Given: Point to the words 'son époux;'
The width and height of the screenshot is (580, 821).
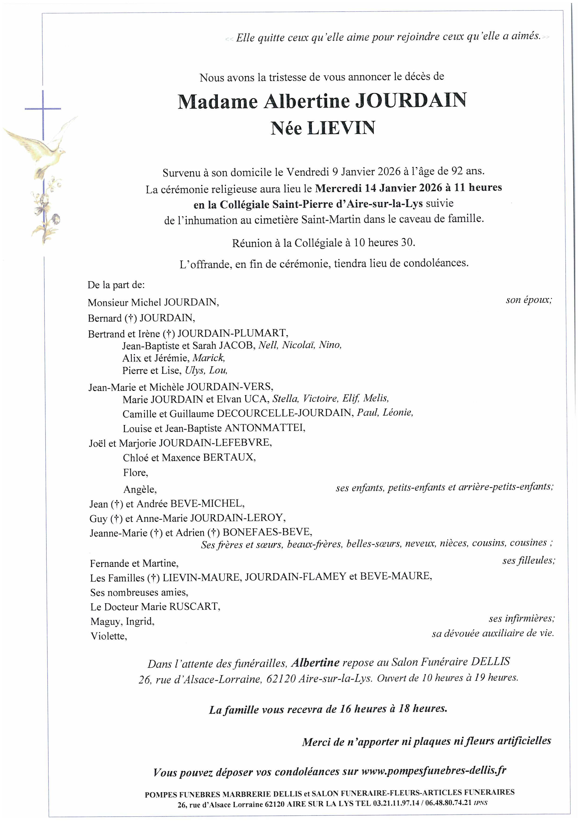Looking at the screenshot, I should [x=529, y=300].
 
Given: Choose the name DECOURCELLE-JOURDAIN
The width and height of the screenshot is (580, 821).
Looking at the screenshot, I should [x=284, y=413].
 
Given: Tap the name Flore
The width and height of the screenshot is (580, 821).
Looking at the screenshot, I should [x=135, y=473].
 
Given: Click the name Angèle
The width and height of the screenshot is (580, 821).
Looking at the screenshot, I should [x=140, y=489].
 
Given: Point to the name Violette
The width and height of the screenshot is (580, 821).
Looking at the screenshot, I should [x=109, y=636].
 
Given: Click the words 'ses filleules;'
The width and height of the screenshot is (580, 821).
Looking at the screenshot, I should [x=528, y=560].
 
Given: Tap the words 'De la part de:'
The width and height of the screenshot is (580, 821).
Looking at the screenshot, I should [x=116, y=285].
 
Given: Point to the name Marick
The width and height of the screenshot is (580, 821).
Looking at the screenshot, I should [x=208, y=358].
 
